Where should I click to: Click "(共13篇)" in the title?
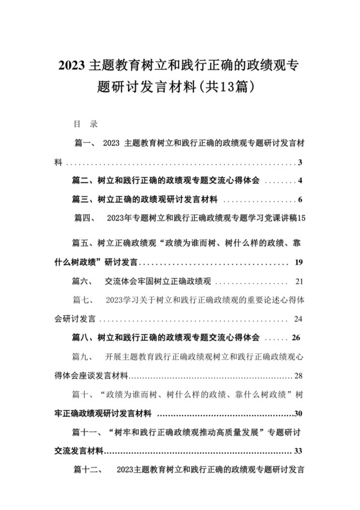pyautogui.click(x=230, y=84)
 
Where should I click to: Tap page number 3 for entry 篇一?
pyautogui.click(x=300, y=162)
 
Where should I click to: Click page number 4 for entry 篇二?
pyautogui.click(x=300, y=181)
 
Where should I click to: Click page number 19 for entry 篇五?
pyautogui.click(x=299, y=262)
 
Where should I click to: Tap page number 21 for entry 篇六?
pyautogui.click(x=299, y=281)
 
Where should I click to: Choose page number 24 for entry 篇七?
pyautogui.click(x=298, y=318)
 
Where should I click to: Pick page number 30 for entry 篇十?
pyautogui.click(x=298, y=412)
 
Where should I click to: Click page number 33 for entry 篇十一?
pyautogui.click(x=298, y=450)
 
